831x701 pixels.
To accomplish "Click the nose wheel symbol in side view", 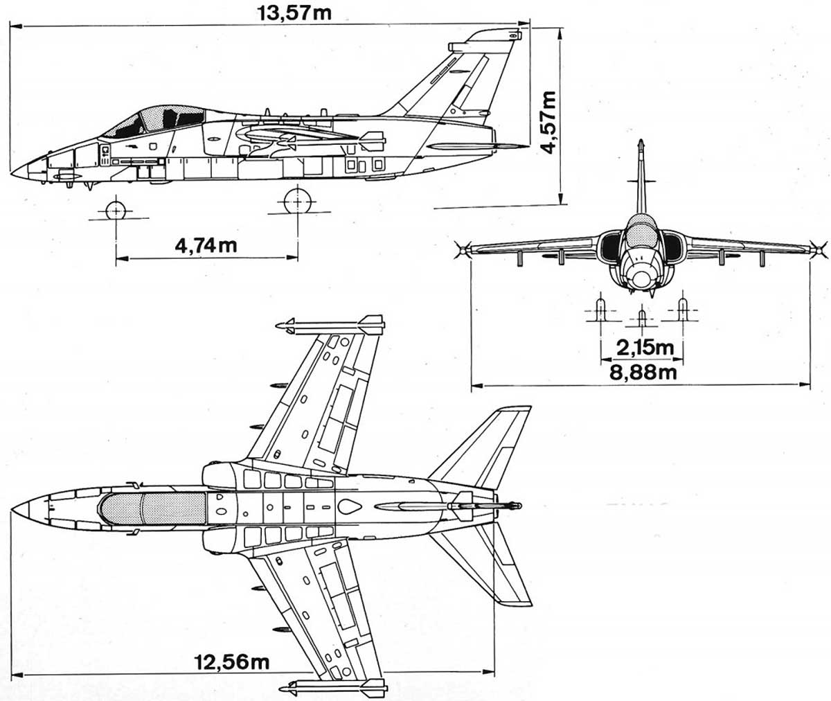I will [x=115, y=211].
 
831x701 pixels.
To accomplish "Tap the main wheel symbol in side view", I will [x=298, y=202].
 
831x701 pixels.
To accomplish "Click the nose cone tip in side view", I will [x=14, y=170].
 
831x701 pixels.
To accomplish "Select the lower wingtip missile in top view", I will [x=332, y=688].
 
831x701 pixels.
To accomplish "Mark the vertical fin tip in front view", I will [x=641, y=145].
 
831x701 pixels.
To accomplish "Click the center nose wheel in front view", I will [x=642, y=317].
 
